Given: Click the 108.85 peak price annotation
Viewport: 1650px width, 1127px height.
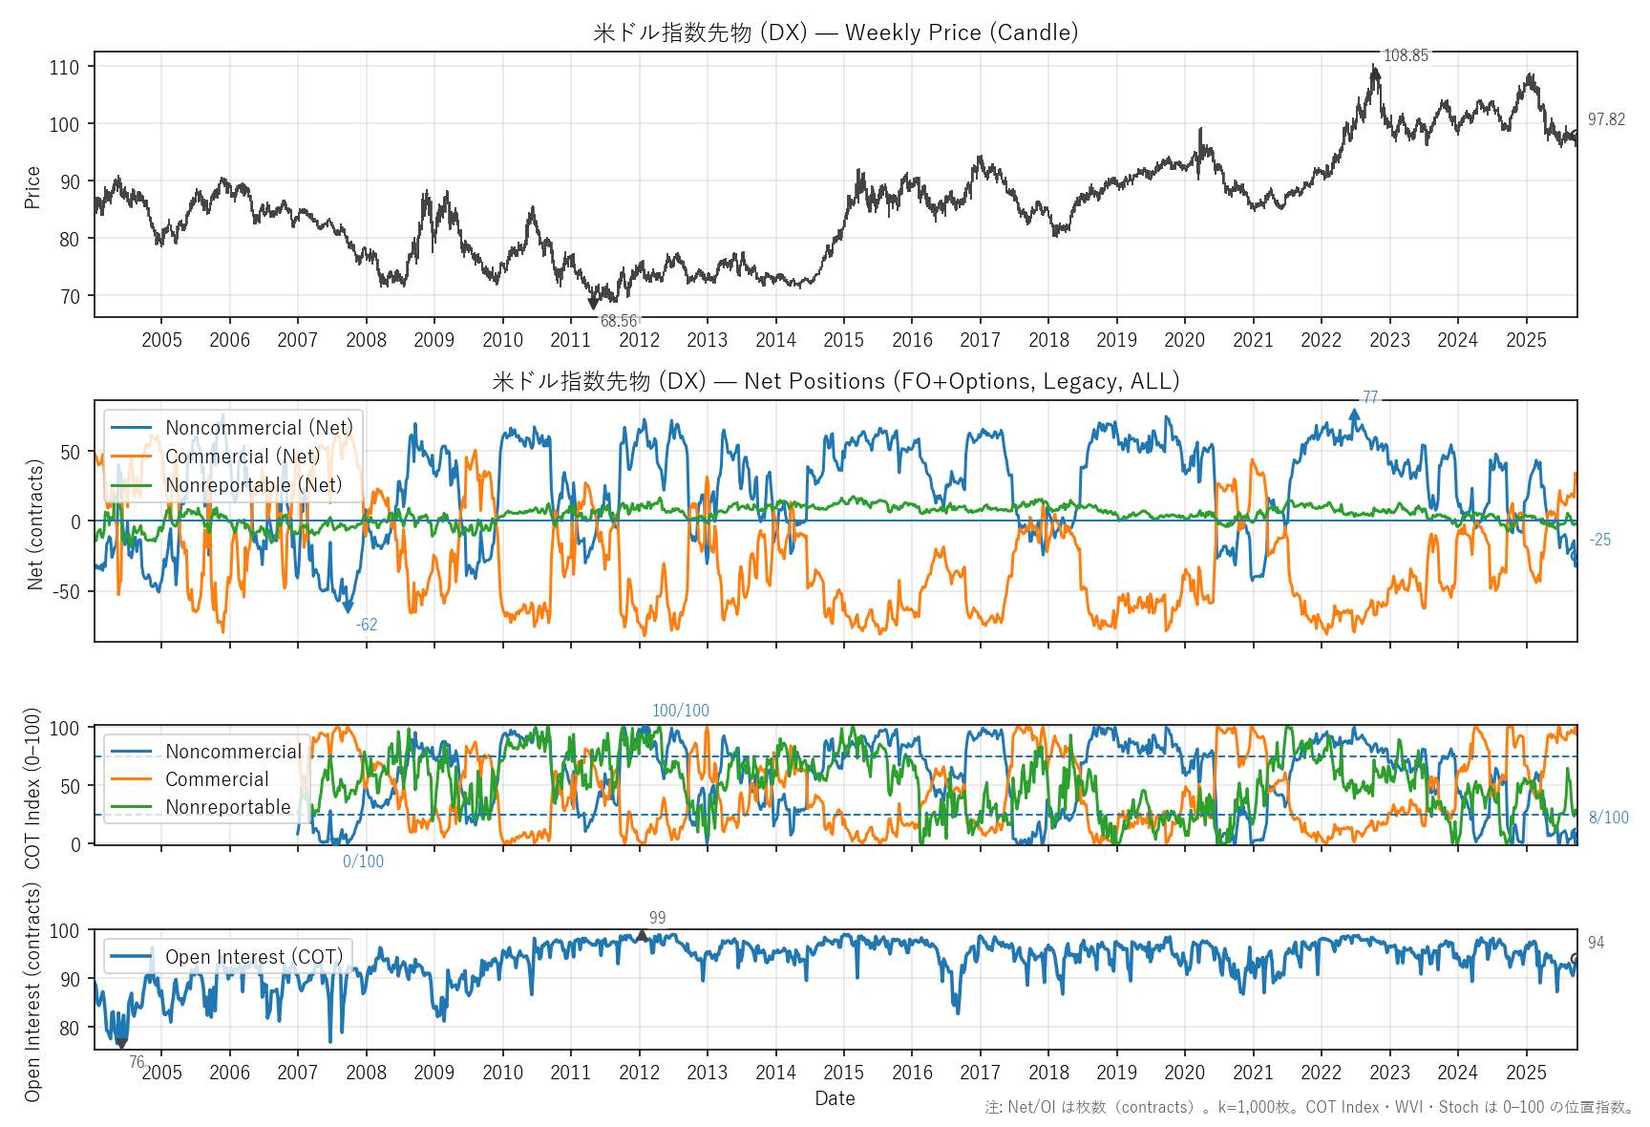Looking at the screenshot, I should coord(1406,55).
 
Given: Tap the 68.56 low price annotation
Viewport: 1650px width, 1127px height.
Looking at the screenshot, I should coord(619,321).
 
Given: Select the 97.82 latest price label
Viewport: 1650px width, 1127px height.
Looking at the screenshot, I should coord(1606,119).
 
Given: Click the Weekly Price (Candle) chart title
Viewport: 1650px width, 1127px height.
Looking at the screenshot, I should coord(836,32).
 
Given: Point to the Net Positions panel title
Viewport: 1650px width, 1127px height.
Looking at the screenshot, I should coord(836,381).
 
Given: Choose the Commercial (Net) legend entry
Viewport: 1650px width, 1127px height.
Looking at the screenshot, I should coord(243,457).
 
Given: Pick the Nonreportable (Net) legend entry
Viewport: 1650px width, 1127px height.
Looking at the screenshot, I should coord(253,485).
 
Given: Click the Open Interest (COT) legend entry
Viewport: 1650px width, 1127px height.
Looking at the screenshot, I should coord(253,957).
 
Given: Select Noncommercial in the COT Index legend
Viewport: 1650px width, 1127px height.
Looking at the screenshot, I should coord(233,752).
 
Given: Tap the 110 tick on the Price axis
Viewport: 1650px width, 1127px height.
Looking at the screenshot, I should coord(65,67).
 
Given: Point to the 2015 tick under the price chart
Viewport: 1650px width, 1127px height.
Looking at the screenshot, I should coord(843,340).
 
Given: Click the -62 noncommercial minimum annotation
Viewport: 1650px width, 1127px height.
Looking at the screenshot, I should coord(367,625).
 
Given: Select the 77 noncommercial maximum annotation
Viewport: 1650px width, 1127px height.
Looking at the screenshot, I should coord(1370,397).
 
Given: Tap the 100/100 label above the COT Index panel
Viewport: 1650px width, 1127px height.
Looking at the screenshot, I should coord(680,711).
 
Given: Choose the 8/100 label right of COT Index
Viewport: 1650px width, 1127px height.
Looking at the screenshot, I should coord(1608,818).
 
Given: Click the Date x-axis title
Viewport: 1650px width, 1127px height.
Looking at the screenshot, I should coord(835,1098).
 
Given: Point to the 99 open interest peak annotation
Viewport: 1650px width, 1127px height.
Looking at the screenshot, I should coord(657,918).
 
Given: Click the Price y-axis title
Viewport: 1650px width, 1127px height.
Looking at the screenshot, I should coord(32,187).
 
